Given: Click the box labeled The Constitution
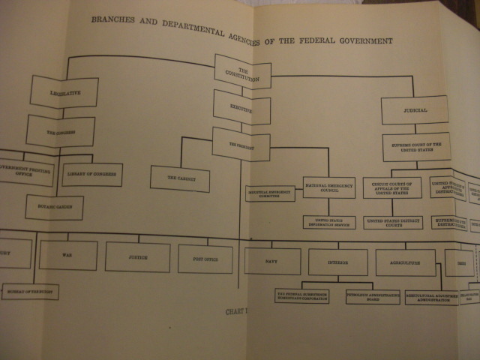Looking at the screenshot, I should click(x=242, y=72).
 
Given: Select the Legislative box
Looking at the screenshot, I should click(x=64, y=93).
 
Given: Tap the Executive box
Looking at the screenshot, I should click(x=241, y=107).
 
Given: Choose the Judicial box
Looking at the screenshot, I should click(x=414, y=110).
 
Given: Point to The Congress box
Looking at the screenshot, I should click(x=60, y=131).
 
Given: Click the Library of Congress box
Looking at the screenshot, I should click(x=91, y=175).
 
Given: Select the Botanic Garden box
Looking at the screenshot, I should click(x=54, y=207).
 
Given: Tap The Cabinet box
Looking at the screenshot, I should click(x=179, y=178).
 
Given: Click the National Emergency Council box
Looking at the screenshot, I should click(x=328, y=187).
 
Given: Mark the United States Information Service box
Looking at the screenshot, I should click(x=328, y=222).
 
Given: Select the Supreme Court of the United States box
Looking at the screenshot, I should click(x=415, y=147).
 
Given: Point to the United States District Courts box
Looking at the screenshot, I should click(x=392, y=223).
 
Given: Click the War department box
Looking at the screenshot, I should click(x=67, y=255).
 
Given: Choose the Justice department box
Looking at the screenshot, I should click(x=137, y=256).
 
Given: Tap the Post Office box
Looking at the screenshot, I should click(x=205, y=259).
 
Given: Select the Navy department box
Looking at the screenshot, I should click(x=272, y=261).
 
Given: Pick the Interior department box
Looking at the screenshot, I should click(x=337, y=262).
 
